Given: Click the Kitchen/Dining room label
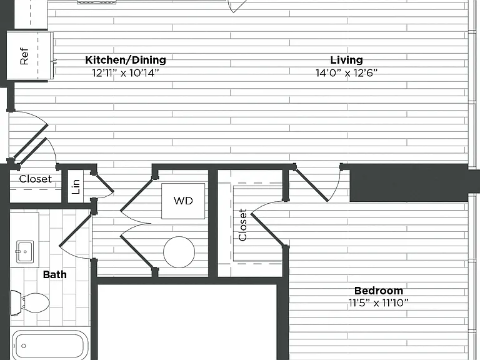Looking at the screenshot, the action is coord(126,60).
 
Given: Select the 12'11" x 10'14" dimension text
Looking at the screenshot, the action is coord(126,73).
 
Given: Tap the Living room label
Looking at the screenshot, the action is coord(346,60).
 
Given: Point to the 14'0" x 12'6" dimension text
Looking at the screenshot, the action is coord(346,73).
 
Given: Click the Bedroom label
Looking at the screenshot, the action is coord(379,291).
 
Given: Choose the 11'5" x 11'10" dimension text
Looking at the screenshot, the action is coord(379,303).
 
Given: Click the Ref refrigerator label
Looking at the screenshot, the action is coord(24,56).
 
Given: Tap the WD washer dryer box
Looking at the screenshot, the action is coord(183,201).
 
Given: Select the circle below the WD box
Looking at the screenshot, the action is coord(179,252).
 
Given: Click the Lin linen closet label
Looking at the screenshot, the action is coord(76,187).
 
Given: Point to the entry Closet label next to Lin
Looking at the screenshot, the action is coord(35,179).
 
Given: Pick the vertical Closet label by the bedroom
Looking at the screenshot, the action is coord(242,225).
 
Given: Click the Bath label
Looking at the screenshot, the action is coord(55,274).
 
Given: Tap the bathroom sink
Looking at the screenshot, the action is coord(25,252).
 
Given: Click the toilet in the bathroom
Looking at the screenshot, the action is coord(30,302).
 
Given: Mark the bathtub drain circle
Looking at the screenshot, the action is coord(24,346).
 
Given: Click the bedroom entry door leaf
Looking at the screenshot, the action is coord(311,185).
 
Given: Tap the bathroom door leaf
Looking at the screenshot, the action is coord(75,230).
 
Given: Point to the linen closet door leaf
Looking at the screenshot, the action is coord(104,182).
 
